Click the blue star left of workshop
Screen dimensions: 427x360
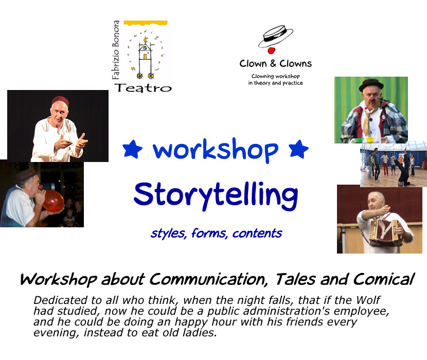(132, 149)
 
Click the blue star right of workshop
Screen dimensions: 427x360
(298, 149)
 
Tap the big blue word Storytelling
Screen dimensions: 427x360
(216, 195)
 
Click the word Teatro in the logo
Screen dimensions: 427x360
(143, 88)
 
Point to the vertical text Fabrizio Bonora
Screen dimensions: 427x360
(116, 49)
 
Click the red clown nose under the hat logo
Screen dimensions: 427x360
(271, 50)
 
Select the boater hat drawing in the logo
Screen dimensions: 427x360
(275, 37)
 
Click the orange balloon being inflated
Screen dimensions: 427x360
(53, 201)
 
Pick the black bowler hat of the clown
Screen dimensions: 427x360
(371, 85)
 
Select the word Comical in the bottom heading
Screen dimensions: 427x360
(383, 279)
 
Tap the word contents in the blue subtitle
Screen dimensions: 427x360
(257, 233)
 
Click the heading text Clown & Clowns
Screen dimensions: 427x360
(276, 63)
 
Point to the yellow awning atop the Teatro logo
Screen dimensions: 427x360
(146, 23)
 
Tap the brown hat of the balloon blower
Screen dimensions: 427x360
(26, 174)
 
